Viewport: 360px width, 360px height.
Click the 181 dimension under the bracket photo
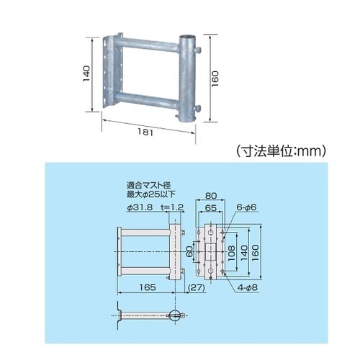point(145,132)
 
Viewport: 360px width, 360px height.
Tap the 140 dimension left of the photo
point(86,73)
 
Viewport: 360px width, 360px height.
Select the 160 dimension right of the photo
point(215,78)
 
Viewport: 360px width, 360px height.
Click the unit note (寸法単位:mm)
point(281,151)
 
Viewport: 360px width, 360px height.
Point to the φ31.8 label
point(140,207)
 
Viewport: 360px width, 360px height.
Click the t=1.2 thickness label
point(172,207)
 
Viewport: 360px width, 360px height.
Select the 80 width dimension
point(211,196)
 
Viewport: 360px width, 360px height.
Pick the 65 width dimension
point(211,208)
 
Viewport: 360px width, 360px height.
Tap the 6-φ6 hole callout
point(246,207)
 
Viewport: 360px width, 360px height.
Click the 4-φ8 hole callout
point(248,287)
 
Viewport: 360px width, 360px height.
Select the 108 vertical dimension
point(231,253)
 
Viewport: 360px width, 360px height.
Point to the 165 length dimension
point(148,287)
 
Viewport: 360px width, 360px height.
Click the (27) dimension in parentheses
point(197,287)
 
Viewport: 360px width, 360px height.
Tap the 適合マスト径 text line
point(149,186)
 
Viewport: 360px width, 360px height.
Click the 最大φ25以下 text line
point(151,194)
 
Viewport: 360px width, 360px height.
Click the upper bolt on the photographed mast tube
point(198,50)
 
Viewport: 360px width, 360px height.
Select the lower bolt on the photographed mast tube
point(198,108)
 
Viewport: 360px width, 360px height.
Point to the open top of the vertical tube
point(186,37)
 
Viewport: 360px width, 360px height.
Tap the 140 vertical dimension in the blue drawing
point(243,253)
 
